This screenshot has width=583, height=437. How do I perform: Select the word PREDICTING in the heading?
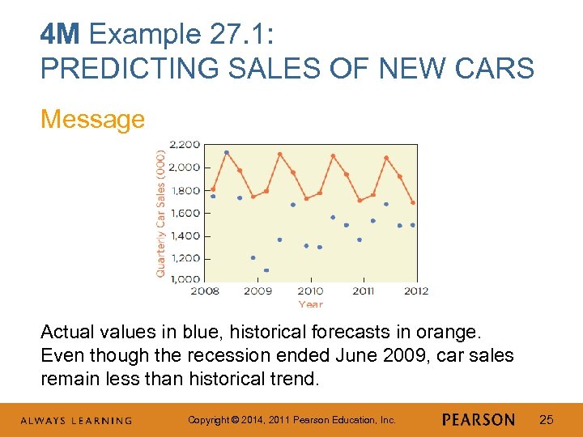point(117,69)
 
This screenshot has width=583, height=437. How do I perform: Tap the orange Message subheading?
point(92,119)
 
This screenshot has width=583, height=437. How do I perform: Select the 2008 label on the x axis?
point(205,291)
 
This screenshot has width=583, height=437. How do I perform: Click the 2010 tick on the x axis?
point(310,291)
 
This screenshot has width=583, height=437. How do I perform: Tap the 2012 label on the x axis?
point(416,291)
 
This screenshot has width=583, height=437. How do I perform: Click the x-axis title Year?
point(310,304)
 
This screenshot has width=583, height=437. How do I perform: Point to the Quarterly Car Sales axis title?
point(160,212)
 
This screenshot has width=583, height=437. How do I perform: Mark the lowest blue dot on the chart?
point(266,270)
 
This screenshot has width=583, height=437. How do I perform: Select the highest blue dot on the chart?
point(226,152)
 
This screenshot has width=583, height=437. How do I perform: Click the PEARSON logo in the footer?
point(479,420)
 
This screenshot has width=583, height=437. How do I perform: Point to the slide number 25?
point(547,420)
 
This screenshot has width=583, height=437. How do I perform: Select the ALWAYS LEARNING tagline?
point(76,421)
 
